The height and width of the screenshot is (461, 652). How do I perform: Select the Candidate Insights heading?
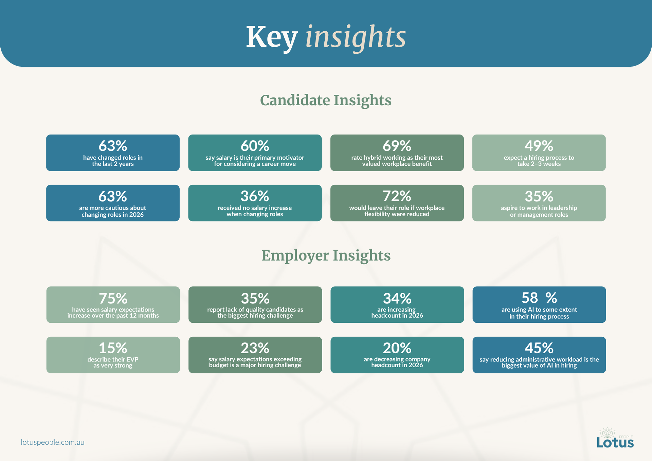[x=326, y=100]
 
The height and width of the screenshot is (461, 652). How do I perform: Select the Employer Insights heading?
[x=326, y=256]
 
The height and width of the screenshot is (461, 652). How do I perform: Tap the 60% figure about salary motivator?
[x=255, y=146]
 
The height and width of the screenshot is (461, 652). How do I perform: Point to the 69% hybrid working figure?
[x=397, y=146]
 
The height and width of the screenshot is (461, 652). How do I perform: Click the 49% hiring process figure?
[x=539, y=146]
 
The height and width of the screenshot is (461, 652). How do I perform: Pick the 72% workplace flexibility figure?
[x=397, y=196]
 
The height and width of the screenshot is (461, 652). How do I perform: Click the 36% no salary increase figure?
[x=255, y=196]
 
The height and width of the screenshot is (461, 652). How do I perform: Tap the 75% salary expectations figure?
[x=113, y=298]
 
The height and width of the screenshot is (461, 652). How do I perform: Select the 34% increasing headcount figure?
[x=397, y=298]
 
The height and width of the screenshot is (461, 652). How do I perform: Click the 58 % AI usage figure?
[x=539, y=298]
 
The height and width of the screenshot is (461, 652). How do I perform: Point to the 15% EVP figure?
[x=113, y=348]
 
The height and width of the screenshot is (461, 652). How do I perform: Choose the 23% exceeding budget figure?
[x=255, y=348]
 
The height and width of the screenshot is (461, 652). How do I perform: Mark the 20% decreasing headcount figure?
[x=397, y=348]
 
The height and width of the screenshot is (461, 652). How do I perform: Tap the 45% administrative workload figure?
[x=539, y=348]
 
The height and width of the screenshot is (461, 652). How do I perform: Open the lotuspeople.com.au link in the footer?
[x=53, y=442]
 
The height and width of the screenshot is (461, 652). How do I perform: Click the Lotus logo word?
[x=615, y=443]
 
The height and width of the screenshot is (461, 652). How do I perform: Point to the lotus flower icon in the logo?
[x=608, y=433]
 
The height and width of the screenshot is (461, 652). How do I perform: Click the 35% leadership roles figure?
[x=539, y=196]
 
